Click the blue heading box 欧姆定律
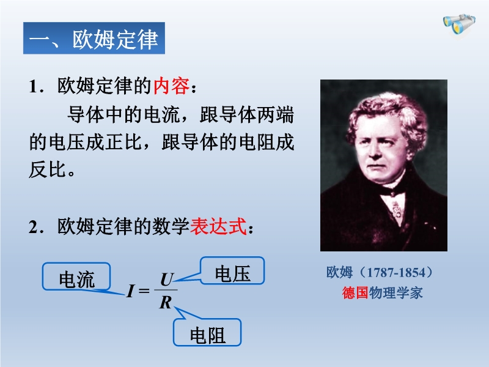click(x=94, y=38)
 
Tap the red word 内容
click(x=171, y=86)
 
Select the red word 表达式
click(x=219, y=226)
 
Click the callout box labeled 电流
click(x=76, y=276)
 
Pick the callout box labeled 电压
click(x=232, y=270)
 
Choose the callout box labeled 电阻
click(x=207, y=332)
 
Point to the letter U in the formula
click(x=167, y=280)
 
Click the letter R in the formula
click(x=166, y=302)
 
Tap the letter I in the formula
click(x=131, y=291)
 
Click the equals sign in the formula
click(x=144, y=291)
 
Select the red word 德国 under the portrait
click(x=355, y=293)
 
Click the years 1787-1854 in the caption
click(x=396, y=272)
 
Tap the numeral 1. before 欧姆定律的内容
click(x=36, y=86)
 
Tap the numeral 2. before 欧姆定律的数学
click(x=36, y=227)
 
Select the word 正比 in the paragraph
click(x=124, y=142)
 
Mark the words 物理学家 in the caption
click(x=395, y=293)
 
